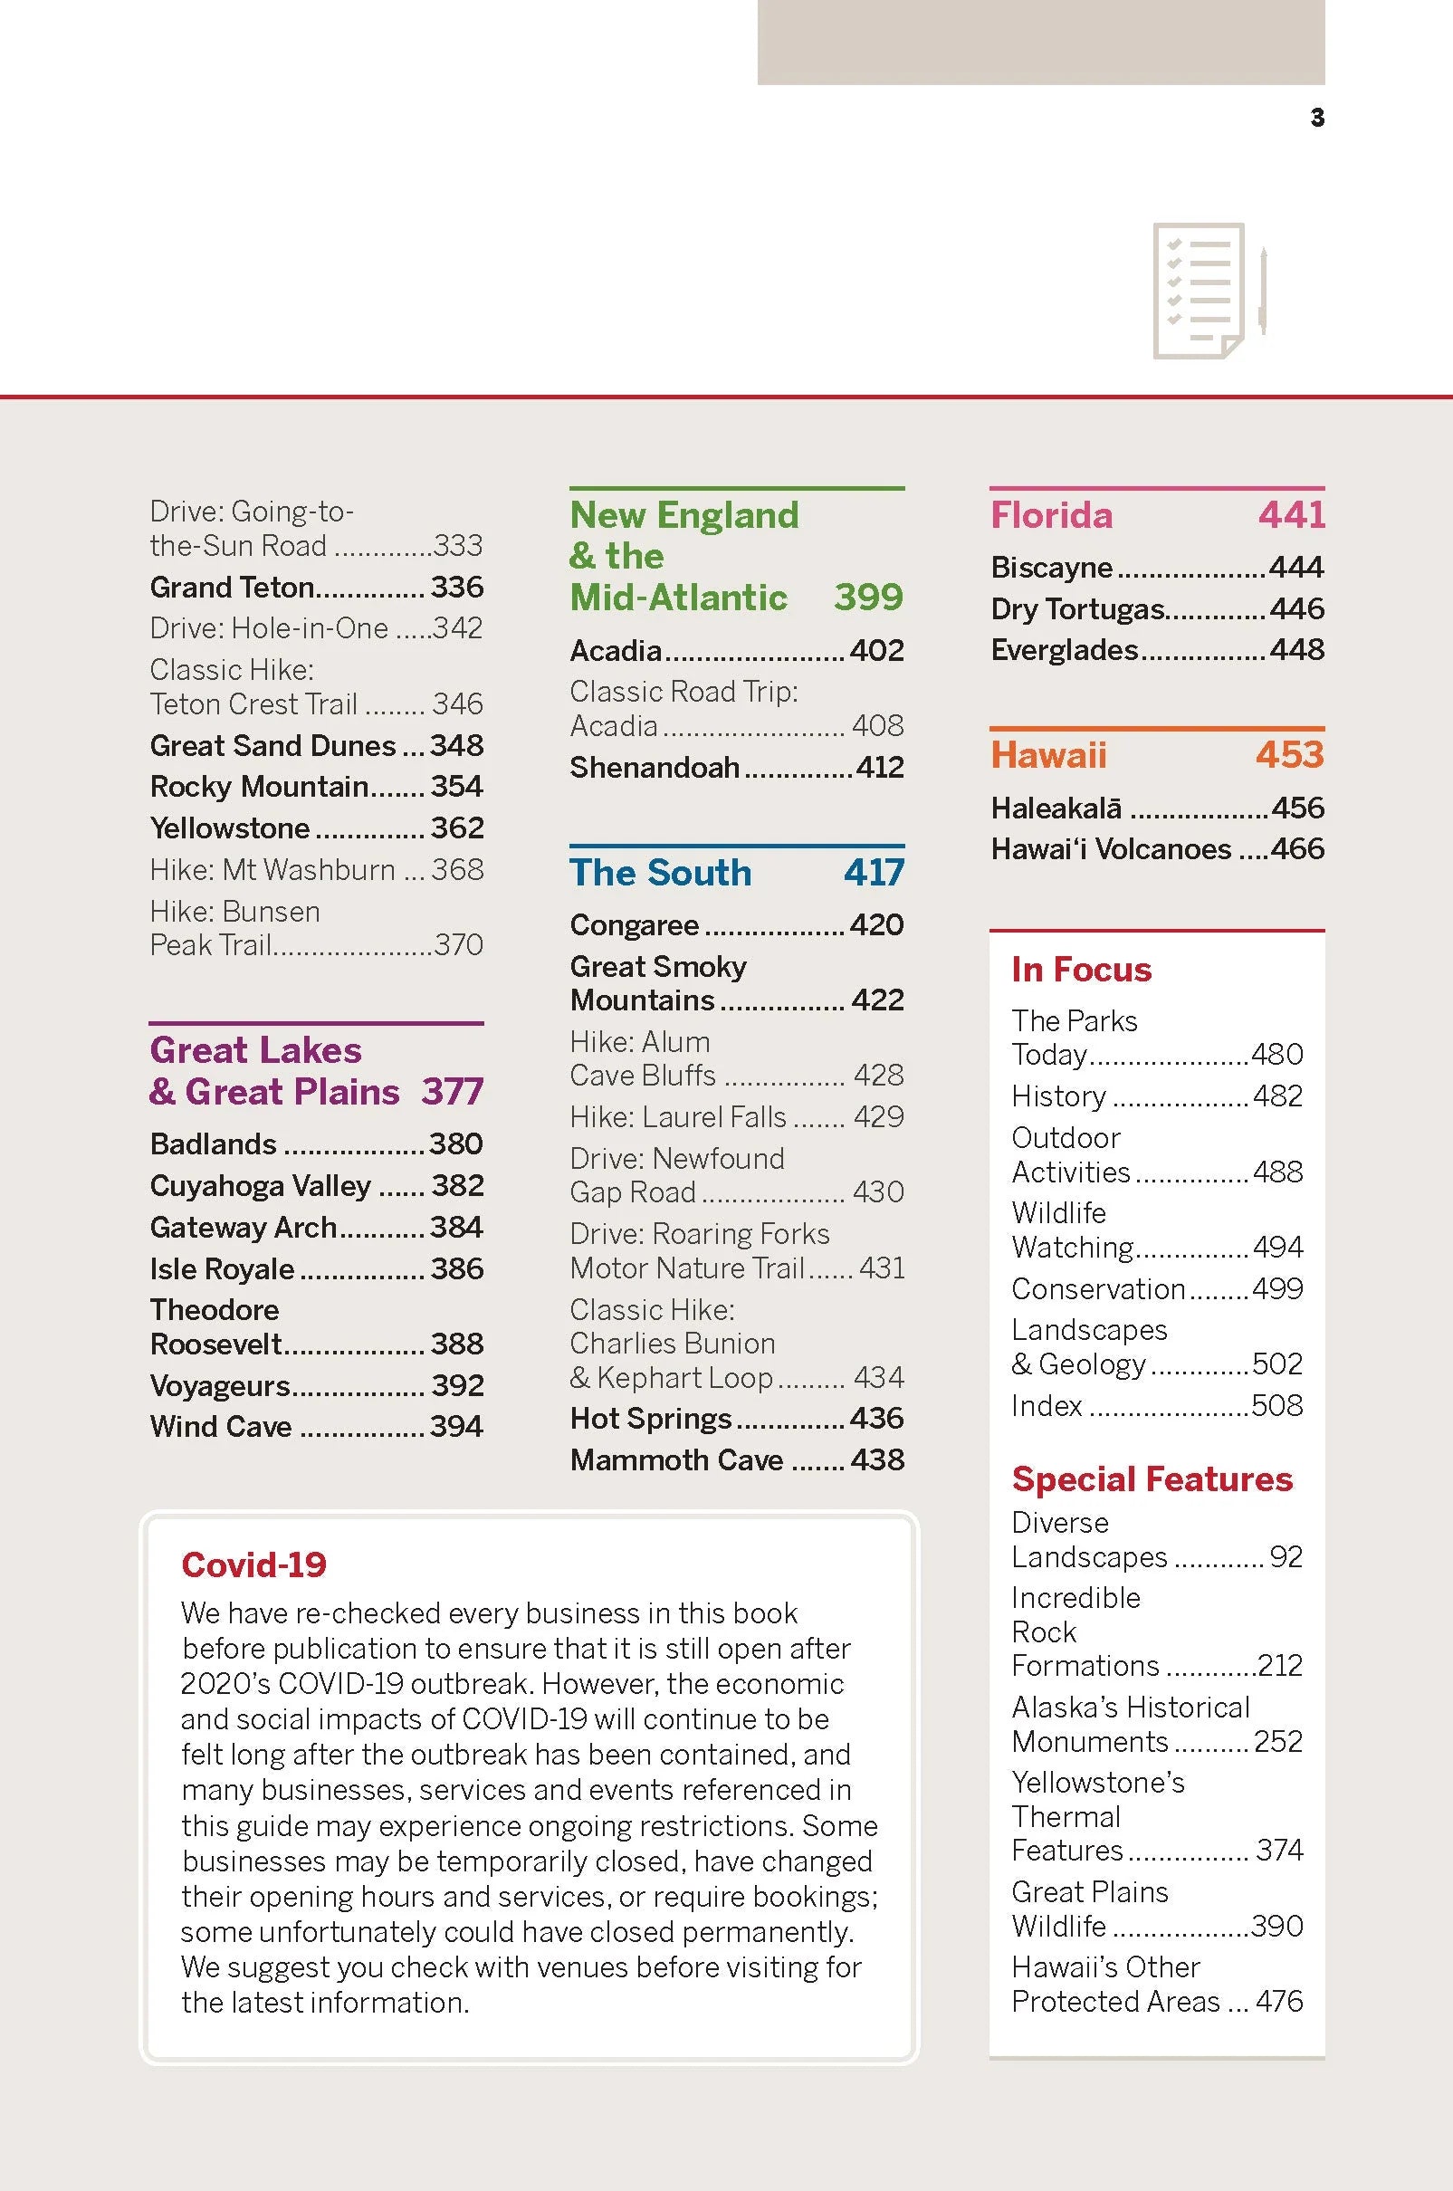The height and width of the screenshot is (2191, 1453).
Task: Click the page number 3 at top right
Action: [1317, 118]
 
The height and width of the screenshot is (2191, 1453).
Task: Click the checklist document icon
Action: [1207, 290]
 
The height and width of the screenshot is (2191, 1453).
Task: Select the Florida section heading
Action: [1051, 515]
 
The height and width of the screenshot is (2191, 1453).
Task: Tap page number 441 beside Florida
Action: [1291, 514]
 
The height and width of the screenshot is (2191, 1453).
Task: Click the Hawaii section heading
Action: [1048, 754]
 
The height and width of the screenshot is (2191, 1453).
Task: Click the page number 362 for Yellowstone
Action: [457, 828]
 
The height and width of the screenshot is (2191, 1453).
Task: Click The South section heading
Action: [661, 872]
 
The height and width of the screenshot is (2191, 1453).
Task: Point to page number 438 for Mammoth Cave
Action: [876, 1459]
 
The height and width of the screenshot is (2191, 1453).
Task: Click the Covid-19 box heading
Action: [253, 1565]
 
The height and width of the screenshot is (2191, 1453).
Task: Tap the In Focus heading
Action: [1081, 970]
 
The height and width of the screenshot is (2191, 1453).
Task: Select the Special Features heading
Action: [1151, 1479]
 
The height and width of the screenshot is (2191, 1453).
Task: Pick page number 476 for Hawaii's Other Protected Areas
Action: [1279, 2001]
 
